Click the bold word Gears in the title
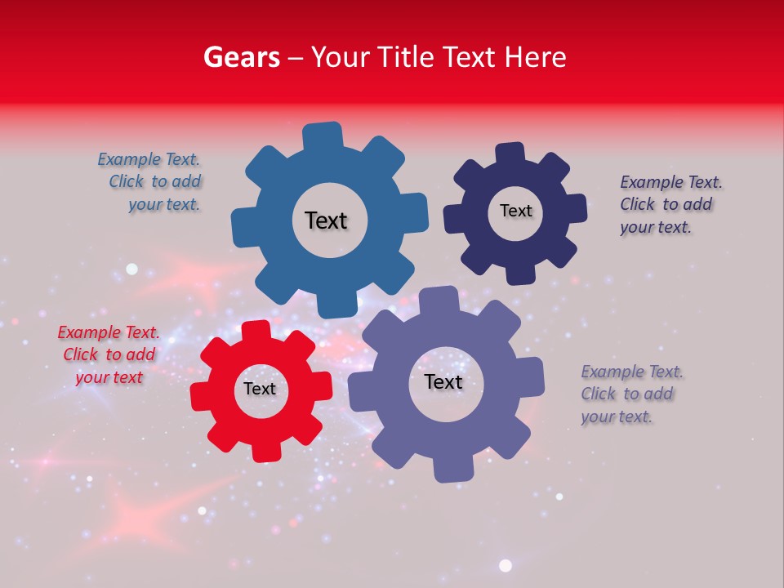coord(241,57)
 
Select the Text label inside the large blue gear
coord(326,220)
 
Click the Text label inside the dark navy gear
coord(515,211)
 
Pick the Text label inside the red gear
coord(260,389)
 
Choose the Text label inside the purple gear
coord(443,382)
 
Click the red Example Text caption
coord(109,354)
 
